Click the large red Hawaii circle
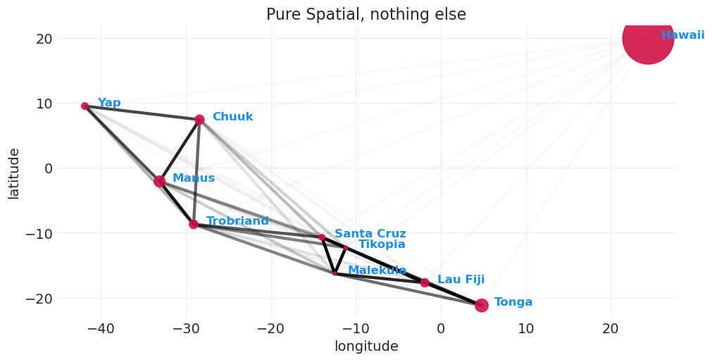click(x=648, y=38)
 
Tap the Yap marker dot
click(x=85, y=106)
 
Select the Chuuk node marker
click(x=199, y=120)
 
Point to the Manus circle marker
click(x=159, y=181)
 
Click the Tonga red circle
click(x=481, y=305)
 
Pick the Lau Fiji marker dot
click(x=425, y=283)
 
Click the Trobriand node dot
click(x=194, y=224)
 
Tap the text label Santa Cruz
click(x=370, y=234)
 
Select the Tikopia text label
click(x=382, y=244)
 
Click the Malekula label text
click(x=377, y=271)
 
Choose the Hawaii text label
click(x=682, y=35)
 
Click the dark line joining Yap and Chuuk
click(x=141, y=113)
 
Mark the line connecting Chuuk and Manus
click(x=180, y=150)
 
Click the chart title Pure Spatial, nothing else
click(x=366, y=15)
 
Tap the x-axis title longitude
click(x=366, y=347)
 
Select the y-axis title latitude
click(x=13, y=173)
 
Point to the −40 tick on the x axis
click(x=101, y=328)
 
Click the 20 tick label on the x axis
click(x=611, y=328)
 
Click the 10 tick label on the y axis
click(x=44, y=104)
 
